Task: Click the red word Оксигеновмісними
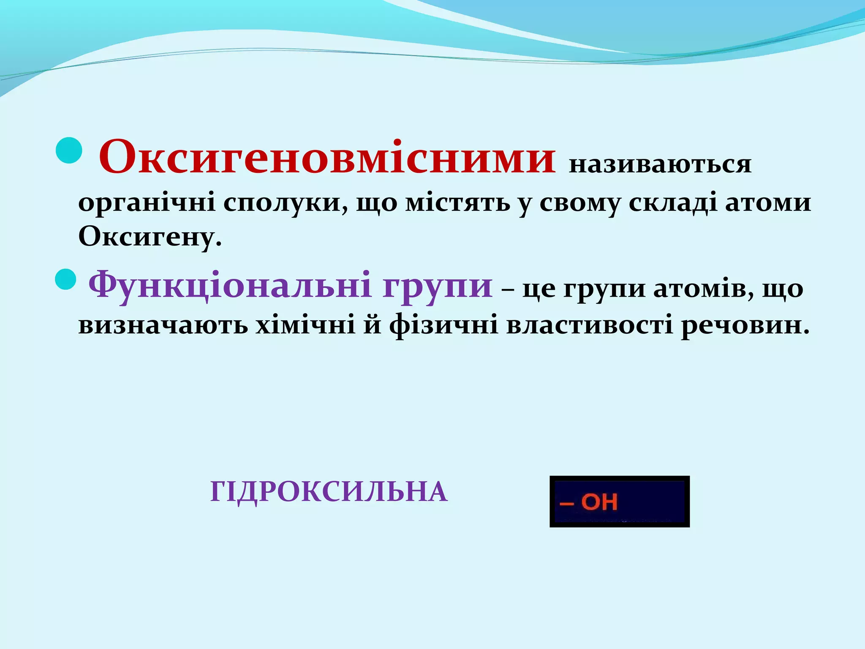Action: point(326,157)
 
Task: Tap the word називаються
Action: point(660,164)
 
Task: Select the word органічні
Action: point(147,203)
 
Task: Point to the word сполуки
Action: point(286,203)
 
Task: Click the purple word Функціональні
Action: point(231,284)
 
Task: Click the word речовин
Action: point(745,325)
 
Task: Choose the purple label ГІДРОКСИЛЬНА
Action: point(329,492)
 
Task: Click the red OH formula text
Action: point(598,502)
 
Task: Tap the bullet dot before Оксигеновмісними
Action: point(69,150)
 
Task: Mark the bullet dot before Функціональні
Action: point(66,279)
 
